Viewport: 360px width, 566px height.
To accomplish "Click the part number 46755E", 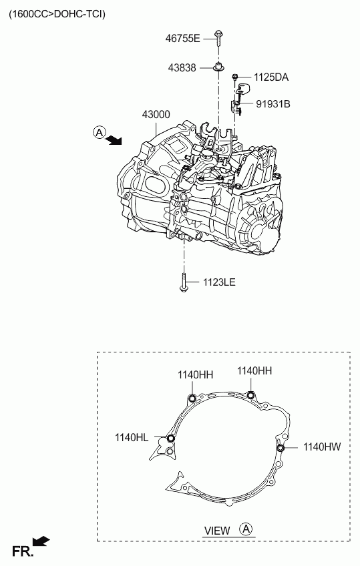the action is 182,38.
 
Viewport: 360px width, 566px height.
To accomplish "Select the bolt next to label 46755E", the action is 218,39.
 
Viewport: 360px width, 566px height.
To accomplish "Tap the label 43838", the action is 182,67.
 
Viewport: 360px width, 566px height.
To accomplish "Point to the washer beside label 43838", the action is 218,67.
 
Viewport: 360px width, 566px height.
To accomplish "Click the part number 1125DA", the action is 271,77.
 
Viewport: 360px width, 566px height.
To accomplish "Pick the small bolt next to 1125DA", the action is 235,77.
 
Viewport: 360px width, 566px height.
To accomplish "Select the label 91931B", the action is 273,104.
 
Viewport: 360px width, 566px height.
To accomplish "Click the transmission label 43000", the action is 156,114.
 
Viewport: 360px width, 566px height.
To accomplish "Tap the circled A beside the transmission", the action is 99,132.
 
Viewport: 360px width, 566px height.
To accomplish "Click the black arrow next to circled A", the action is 115,139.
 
